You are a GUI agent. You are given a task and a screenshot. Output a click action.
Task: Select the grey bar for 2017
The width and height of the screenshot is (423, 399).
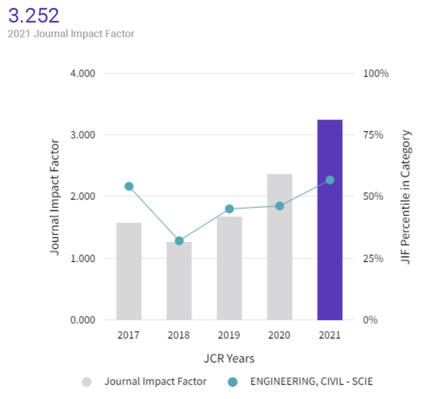click(x=129, y=271)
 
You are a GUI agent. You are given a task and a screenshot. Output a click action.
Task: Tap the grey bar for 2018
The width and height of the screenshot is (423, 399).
click(x=179, y=281)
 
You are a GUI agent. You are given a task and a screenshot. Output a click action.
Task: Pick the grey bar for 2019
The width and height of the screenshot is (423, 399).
click(x=229, y=268)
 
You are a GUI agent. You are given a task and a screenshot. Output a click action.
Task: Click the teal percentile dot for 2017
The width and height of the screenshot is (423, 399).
click(x=129, y=187)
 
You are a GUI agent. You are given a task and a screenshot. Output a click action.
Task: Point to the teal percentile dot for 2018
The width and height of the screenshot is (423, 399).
click(x=179, y=241)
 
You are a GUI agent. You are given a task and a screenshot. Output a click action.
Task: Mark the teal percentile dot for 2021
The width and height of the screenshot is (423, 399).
click(x=330, y=180)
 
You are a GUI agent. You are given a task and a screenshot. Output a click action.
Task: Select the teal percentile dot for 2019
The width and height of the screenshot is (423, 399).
click(x=229, y=209)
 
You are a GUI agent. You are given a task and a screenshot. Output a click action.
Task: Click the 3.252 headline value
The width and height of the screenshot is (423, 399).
click(x=34, y=15)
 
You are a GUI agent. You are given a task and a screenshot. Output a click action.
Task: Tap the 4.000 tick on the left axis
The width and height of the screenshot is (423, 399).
click(x=83, y=73)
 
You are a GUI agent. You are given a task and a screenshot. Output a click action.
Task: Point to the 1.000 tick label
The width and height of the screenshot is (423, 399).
click(x=83, y=258)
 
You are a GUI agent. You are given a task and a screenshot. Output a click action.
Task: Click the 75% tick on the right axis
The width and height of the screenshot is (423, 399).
click(x=373, y=134)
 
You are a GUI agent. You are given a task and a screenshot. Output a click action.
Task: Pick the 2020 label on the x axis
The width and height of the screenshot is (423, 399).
click(x=280, y=335)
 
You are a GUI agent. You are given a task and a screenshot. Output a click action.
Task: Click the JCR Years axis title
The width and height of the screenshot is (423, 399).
click(x=229, y=358)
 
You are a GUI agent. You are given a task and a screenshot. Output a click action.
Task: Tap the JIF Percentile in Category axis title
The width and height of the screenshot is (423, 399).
click(x=406, y=197)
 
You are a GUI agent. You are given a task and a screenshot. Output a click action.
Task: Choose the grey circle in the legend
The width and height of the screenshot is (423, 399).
click(x=87, y=382)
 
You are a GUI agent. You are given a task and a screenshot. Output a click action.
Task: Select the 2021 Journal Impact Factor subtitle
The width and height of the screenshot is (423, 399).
click(x=71, y=33)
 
